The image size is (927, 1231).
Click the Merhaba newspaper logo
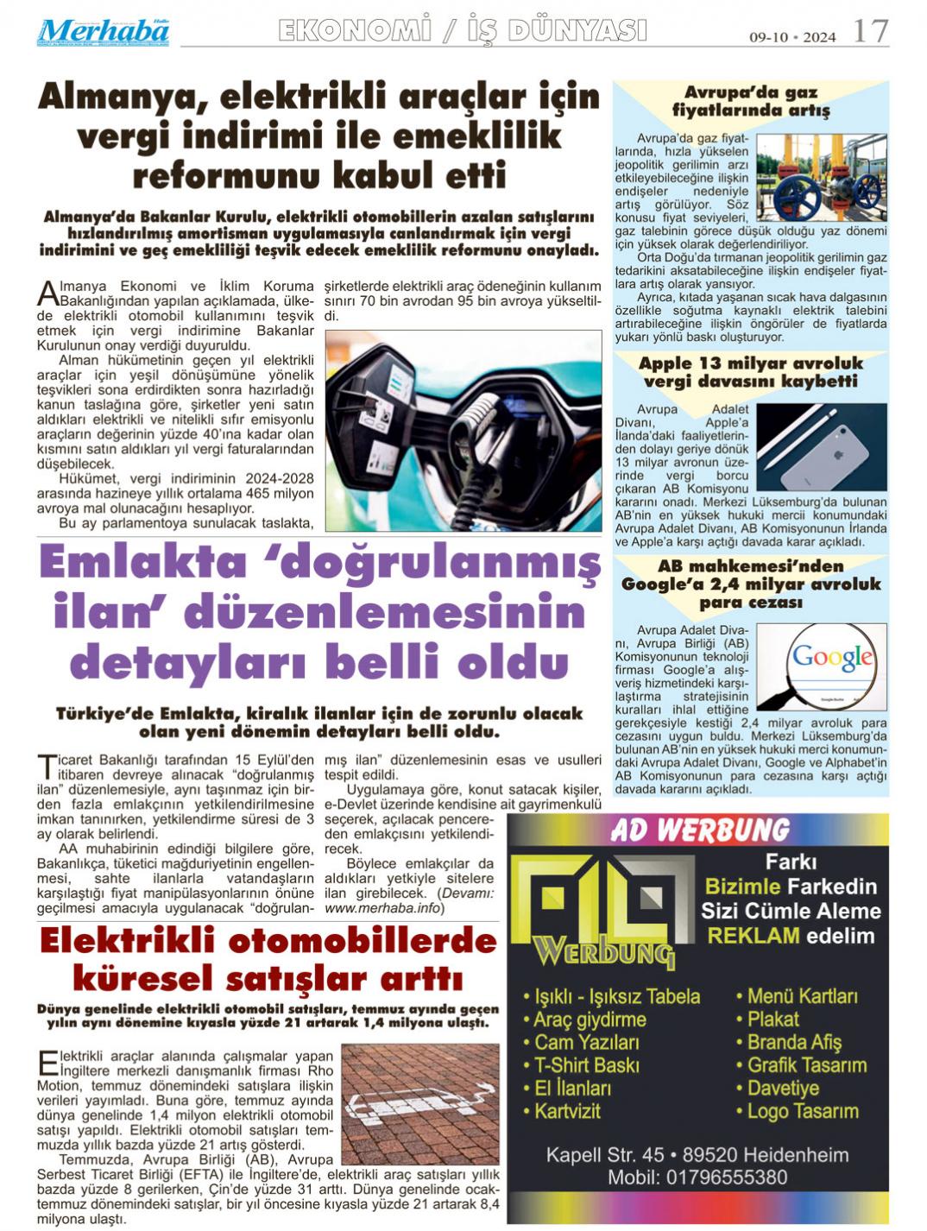click(103, 33)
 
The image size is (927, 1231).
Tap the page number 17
click(869, 32)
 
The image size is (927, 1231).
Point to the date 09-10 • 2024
click(791, 37)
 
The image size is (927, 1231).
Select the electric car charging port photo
click(463, 430)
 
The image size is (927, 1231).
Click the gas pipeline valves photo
click(821, 177)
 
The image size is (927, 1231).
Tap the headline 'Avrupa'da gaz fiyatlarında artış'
click(750, 101)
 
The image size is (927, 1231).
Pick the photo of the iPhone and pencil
click(821, 446)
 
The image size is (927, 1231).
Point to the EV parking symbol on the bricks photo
click(420, 1106)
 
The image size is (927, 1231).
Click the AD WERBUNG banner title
click(698, 830)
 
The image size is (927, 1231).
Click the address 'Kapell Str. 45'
click(605, 1155)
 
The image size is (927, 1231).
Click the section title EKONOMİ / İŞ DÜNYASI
click(463, 31)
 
